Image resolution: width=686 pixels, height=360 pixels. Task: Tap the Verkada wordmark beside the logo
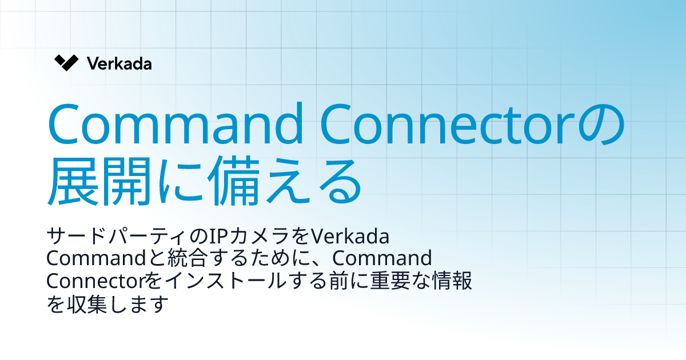[x=119, y=63]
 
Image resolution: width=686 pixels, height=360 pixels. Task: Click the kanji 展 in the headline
[x=73, y=182]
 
